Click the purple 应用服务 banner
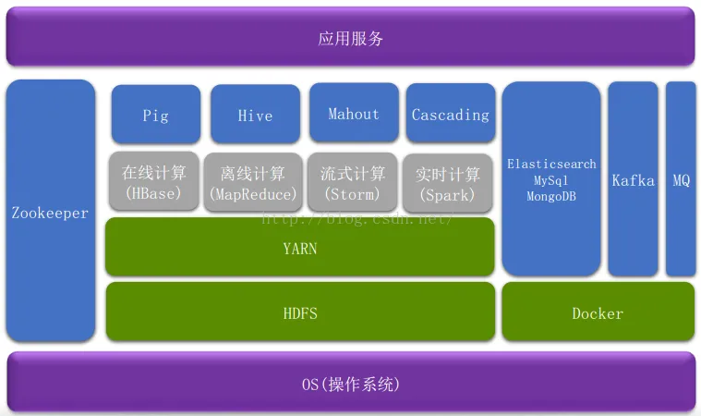(x=350, y=38)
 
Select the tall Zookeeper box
(x=50, y=212)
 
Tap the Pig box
(x=155, y=115)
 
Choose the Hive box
(x=255, y=115)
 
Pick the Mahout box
(x=354, y=114)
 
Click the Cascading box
(x=450, y=115)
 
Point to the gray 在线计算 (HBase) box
(x=152, y=182)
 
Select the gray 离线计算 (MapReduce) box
(x=253, y=183)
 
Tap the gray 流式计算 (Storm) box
(x=352, y=183)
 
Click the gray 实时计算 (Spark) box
(x=448, y=183)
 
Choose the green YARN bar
(x=299, y=248)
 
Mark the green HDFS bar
(x=299, y=312)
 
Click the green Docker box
(x=598, y=312)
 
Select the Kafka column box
(x=633, y=180)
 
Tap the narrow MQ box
(x=681, y=180)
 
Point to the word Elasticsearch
(x=551, y=164)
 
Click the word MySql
(x=551, y=179)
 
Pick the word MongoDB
(x=551, y=196)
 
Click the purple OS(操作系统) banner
(x=350, y=383)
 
